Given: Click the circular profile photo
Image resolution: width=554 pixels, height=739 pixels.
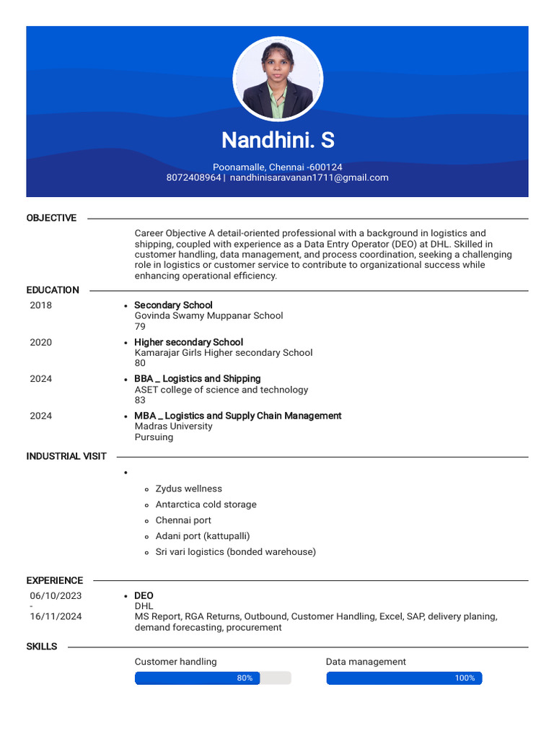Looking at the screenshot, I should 278,79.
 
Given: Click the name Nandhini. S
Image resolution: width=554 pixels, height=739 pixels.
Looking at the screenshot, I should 278,140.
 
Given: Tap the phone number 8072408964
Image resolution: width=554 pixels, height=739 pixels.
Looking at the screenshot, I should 193,178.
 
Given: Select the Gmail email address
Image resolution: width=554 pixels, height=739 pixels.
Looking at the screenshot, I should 309,178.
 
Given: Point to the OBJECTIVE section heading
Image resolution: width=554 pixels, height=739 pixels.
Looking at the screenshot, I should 51,218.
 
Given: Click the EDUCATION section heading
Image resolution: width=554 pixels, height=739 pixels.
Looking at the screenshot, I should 53,290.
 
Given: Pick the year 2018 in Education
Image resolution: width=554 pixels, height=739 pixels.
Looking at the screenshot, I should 41,305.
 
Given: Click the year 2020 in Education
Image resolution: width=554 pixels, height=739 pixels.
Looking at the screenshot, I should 41,342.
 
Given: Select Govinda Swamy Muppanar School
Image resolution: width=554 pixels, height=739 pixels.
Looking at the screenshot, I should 208,315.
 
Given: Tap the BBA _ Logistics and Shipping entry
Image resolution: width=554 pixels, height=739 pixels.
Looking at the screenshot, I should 197,379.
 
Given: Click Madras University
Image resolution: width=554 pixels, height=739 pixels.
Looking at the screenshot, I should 173,427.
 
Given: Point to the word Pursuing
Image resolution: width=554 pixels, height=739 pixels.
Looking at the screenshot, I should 154,437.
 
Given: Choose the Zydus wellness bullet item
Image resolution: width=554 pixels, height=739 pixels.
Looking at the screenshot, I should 189,489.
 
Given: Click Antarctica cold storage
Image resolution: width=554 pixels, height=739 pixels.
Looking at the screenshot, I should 206,504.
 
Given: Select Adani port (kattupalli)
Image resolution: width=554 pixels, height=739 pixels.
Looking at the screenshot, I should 203,536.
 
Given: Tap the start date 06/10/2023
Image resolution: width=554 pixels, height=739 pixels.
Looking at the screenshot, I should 56,596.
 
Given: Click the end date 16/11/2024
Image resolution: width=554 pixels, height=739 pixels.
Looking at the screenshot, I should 56,616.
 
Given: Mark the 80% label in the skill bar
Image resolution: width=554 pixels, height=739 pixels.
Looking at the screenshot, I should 245,678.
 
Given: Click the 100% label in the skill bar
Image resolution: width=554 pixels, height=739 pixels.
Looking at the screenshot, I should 465,678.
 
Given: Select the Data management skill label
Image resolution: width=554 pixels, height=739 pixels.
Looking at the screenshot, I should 366,662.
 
